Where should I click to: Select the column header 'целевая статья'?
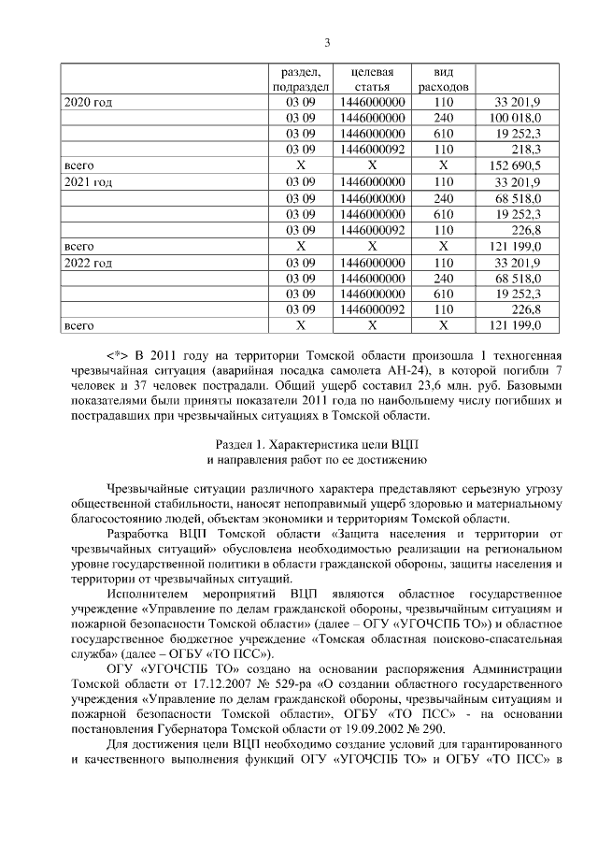[x=371, y=79]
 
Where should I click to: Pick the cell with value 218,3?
[x=529, y=150]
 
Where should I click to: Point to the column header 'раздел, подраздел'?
[x=300, y=79]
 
